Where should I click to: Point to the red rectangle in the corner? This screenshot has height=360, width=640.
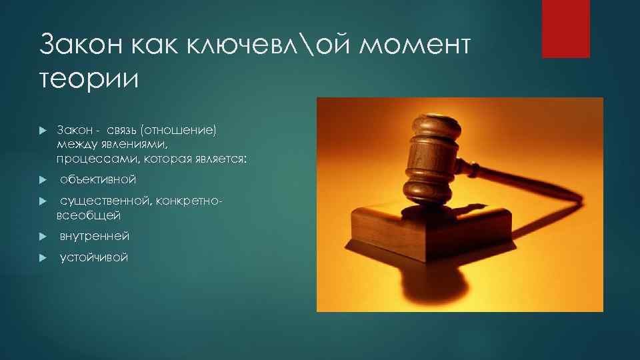(x=565, y=29)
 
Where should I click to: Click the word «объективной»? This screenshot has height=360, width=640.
(x=98, y=179)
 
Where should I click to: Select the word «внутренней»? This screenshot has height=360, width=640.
(x=95, y=236)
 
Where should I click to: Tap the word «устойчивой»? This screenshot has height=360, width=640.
(x=93, y=257)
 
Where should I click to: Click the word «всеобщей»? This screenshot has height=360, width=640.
(x=89, y=215)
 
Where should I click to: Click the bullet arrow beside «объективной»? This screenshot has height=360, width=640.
(x=41, y=180)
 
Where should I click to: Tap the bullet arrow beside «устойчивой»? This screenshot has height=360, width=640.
(x=41, y=258)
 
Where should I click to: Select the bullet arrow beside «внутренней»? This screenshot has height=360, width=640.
(x=41, y=237)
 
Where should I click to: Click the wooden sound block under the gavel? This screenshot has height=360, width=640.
(x=427, y=230)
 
